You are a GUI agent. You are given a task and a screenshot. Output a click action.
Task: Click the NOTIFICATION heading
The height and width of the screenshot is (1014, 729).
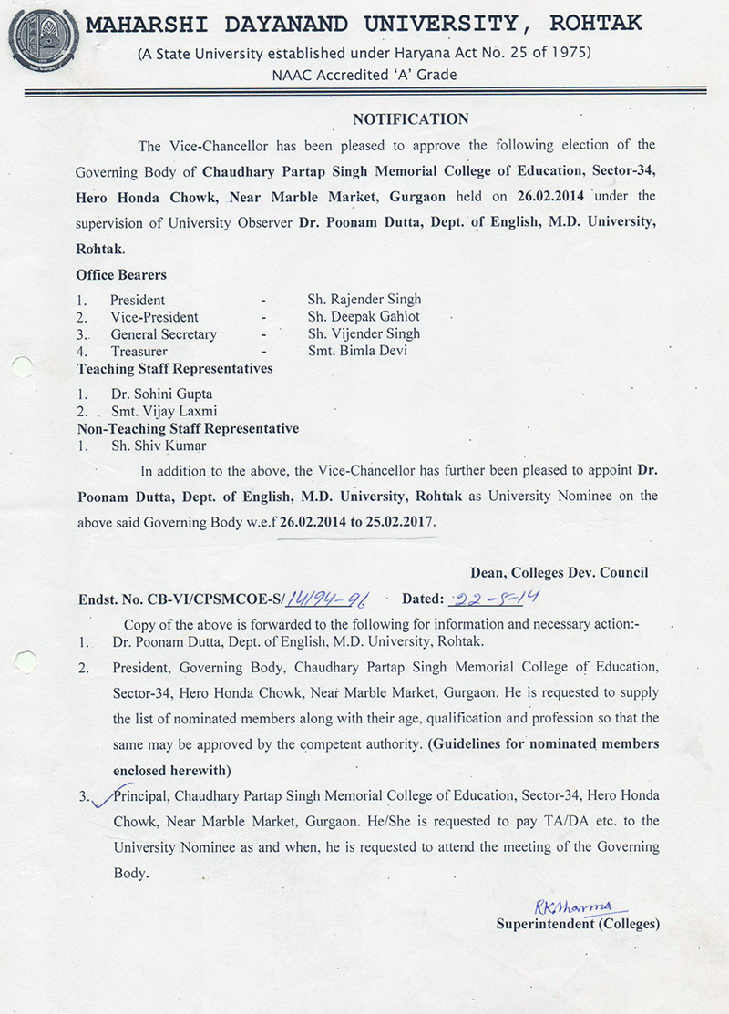(410, 119)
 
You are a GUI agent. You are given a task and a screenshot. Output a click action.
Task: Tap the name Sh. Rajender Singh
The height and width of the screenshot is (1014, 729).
(364, 299)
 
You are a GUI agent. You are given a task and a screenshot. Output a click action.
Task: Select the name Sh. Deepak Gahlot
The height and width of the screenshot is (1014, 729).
(364, 316)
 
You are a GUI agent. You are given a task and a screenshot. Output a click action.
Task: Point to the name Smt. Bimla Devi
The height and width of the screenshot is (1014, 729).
(357, 351)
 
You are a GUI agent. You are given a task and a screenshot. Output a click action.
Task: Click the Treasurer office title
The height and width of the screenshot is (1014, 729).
(139, 351)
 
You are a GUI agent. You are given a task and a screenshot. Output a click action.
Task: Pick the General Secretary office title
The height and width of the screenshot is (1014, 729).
(164, 333)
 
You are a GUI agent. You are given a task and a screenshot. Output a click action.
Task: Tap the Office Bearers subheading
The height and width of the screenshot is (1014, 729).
(121, 274)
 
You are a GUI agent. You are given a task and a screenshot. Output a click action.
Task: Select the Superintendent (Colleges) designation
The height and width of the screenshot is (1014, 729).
(576, 924)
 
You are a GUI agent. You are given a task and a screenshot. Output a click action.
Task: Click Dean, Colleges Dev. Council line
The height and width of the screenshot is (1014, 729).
(559, 572)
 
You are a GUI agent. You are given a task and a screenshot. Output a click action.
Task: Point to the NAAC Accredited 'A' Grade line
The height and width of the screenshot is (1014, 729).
(364, 75)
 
